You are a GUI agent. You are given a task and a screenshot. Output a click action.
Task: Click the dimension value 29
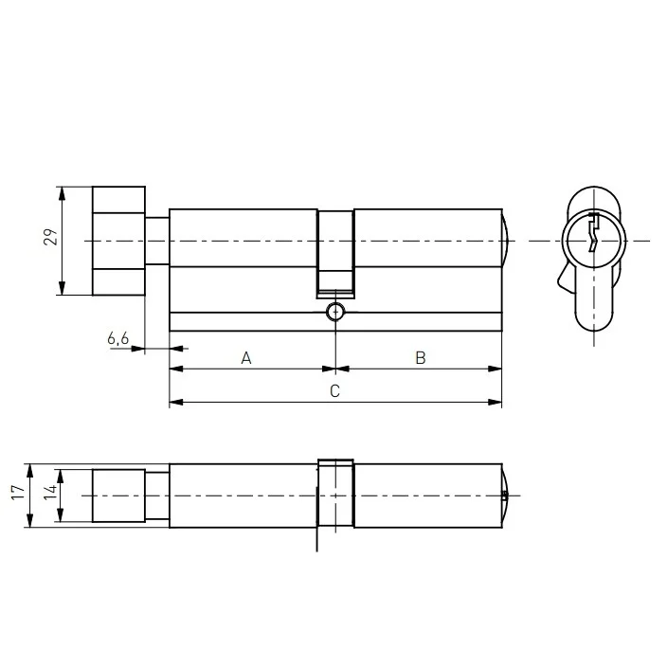pos(50,237)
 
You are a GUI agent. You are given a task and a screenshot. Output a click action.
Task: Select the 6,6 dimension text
pos(117,338)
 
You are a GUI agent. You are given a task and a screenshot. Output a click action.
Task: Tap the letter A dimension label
pos(246,358)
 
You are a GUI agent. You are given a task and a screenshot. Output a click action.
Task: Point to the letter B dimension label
pos(421,358)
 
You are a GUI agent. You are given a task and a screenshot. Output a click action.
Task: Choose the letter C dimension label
pos(334,391)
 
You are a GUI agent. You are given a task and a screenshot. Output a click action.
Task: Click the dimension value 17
pos(18,492)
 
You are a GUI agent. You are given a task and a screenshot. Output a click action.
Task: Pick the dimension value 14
pos(50,492)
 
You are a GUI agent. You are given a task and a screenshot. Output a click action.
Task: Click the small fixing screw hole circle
pos(335,313)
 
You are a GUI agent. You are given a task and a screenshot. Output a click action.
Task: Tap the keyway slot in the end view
pos(593,232)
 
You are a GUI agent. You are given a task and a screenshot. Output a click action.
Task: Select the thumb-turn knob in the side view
pos(118,241)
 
